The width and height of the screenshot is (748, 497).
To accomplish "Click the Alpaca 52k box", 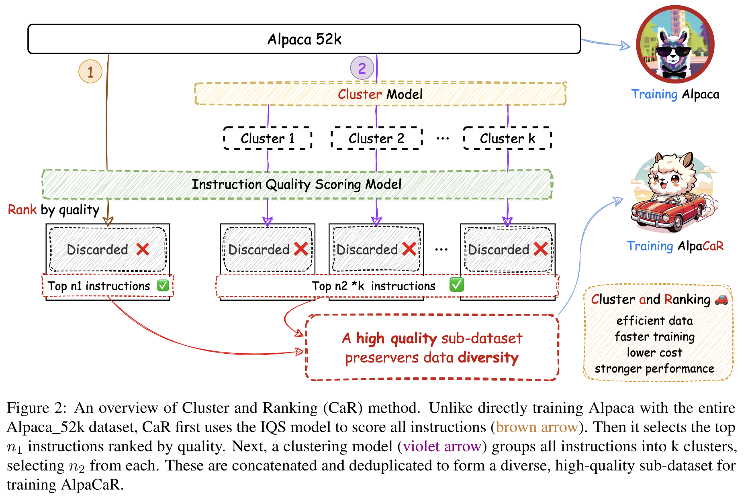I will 304,39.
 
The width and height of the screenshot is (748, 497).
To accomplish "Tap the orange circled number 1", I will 90,72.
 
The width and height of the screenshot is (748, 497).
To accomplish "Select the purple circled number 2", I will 362,68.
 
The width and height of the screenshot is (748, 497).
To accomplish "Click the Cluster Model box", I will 380,94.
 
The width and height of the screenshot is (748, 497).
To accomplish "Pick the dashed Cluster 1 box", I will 268,139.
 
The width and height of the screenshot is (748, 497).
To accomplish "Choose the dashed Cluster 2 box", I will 376,139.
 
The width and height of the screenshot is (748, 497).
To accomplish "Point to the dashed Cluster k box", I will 507,139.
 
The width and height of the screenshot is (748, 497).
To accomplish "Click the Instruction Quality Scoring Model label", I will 296,184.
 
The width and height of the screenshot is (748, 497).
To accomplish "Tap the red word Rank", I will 22,210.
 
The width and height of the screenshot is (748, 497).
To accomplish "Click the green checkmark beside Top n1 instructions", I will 163,286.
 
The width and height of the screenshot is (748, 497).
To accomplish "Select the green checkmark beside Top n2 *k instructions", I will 457,285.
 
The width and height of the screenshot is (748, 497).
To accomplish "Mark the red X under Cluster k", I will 541,249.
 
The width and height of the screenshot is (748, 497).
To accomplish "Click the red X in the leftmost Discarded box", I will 143,249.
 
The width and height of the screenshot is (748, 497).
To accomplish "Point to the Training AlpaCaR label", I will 675,246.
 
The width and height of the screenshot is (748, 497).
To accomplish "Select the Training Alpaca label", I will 675,94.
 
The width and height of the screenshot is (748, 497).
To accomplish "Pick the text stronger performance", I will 654,369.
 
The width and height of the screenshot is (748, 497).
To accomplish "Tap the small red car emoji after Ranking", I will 721,299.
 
